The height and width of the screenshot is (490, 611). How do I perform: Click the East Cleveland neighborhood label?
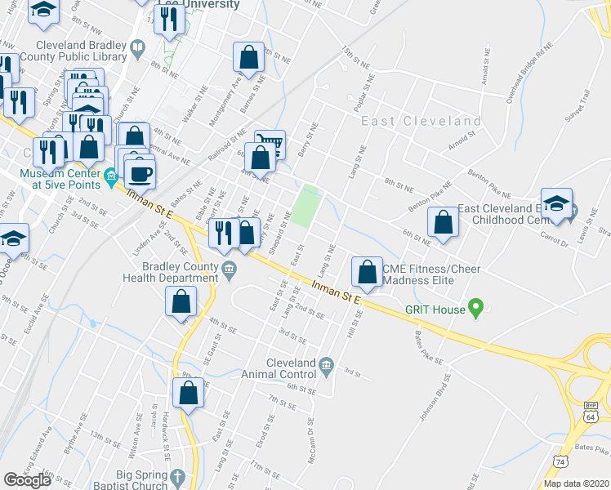click(421, 121)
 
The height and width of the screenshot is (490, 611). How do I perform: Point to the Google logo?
click(27, 480)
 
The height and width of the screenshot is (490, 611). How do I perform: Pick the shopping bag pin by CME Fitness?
click(368, 271)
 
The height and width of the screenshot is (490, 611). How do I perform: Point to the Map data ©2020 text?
click(576, 483)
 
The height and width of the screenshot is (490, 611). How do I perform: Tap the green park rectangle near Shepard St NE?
click(306, 206)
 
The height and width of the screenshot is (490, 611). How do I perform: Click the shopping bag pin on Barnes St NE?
click(248, 58)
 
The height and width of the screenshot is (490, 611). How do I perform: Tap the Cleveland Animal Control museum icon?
click(326, 363)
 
